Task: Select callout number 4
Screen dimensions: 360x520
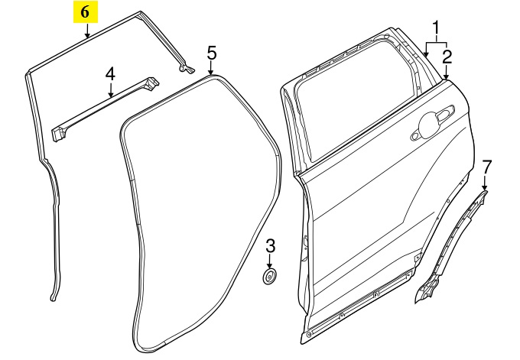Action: point(110,73)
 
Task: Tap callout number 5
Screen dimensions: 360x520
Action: point(212,53)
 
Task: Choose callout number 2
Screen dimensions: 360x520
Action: point(447,56)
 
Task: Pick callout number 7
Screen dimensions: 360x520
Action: point(487,166)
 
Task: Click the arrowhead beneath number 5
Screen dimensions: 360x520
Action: point(212,74)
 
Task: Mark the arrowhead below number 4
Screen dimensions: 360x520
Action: point(110,95)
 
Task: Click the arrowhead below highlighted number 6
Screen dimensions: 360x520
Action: point(86,36)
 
